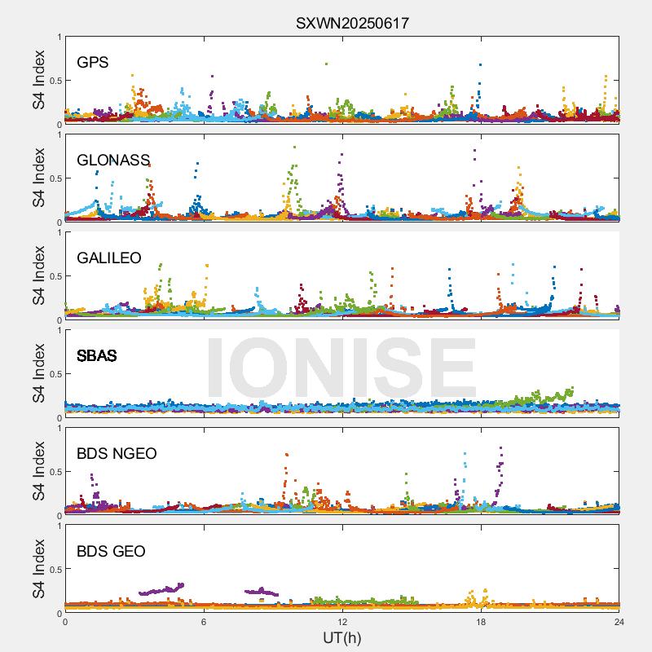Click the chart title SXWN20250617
tap(352, 24)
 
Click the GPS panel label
tap(92, 62)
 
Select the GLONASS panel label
tap(113, 160)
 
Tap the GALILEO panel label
tap(108, 258)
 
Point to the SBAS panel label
tap(96, 355)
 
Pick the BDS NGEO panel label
tap(117, 453)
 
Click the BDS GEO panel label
tap(111, 551)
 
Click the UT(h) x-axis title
tap(342, 637)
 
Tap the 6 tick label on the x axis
tap(204, 621)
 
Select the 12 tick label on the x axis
tap(342, 621)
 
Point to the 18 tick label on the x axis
tap(481, 621)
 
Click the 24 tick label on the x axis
tap(619, 621)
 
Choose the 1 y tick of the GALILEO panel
tap(59, 232)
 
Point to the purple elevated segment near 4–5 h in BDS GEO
tap(163, 589)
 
